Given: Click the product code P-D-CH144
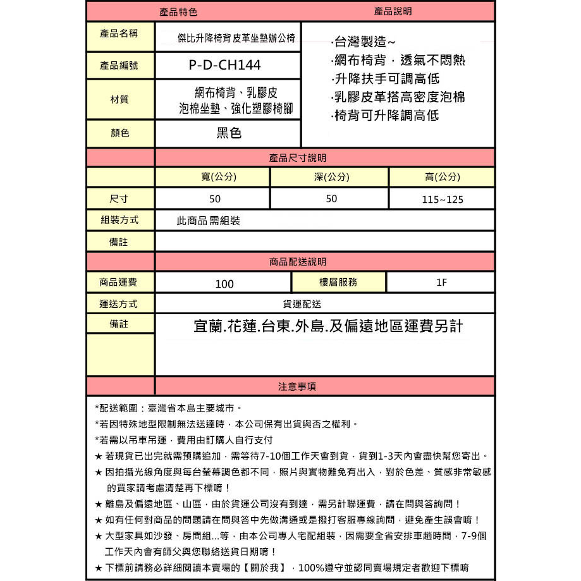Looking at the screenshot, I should (x=224, y=65).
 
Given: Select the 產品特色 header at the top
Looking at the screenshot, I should (x=179, y=11).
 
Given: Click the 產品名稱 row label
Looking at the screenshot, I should (x=119, y=34).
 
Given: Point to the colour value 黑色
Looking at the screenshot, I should (x=228, y=133).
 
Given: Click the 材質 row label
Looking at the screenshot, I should (x=119, y=99).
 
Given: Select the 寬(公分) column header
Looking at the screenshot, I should (x=215, y=177).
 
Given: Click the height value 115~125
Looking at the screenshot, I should (x=443, y=199).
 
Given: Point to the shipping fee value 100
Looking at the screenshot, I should (x=224, y=284).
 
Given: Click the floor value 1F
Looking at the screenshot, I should (x=441, y=283).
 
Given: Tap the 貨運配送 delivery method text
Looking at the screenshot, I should (x=302, y=303).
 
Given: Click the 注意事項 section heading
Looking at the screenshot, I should (x=297, y=386).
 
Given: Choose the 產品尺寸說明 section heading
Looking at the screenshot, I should (x=298, y=158).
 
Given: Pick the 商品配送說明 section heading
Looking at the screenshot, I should (x=298, y=262).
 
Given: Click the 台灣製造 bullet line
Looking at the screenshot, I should (x=364, y=42).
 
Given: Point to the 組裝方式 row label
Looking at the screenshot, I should (x=119, y=220).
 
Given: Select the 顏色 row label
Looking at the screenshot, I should (x=119, y=133).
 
